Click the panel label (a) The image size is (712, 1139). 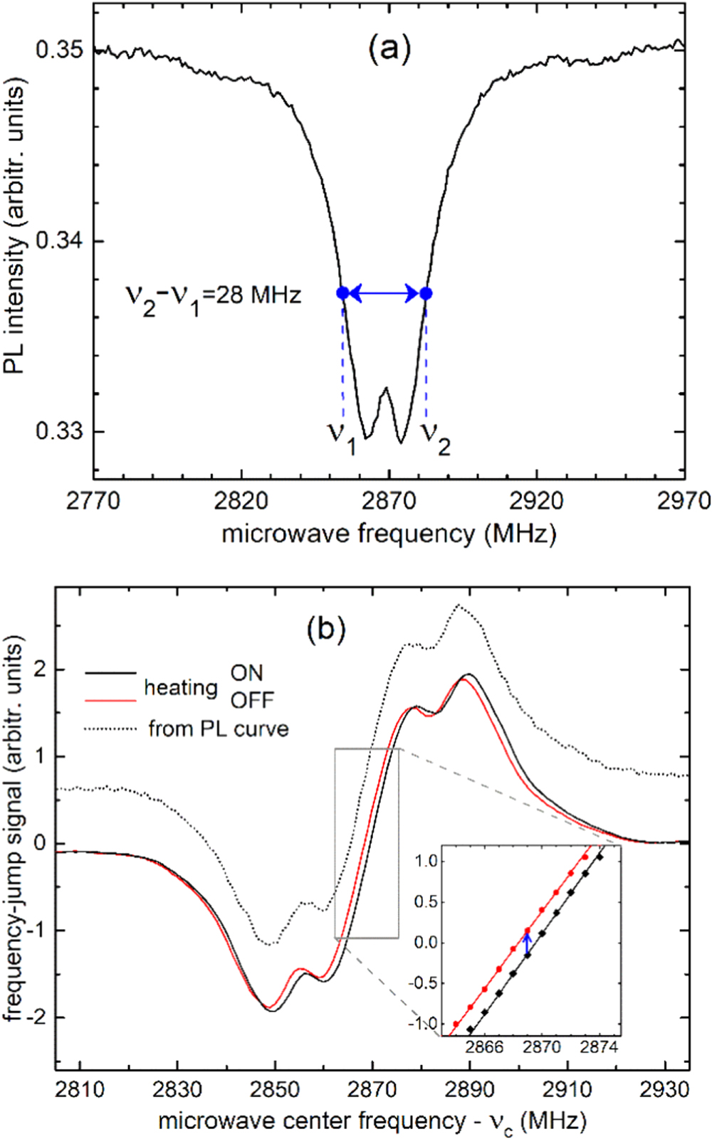389,50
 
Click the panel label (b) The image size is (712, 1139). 326,629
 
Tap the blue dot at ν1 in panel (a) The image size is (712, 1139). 343,293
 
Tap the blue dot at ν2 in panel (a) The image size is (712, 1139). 426,293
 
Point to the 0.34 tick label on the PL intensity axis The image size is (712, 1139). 61,241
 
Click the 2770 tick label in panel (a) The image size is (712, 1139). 94,501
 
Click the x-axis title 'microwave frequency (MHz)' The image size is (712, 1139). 389,533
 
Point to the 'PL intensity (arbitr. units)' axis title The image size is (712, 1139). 16,226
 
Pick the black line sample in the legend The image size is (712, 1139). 110,672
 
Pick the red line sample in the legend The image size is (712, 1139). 110,701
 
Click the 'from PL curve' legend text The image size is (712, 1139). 219,729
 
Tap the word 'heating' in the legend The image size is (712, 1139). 181,687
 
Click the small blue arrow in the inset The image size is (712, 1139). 527,943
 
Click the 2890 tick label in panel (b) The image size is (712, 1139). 469,1088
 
